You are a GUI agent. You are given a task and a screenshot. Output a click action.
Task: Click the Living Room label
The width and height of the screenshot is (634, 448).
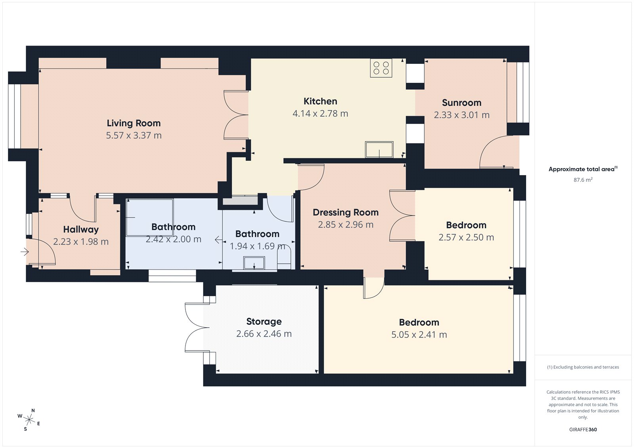tap(134, 123)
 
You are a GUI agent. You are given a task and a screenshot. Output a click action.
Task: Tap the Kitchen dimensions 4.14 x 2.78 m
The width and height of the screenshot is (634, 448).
tap(320, 114)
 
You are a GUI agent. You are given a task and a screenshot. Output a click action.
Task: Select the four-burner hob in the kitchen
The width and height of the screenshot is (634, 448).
tap(381, 68)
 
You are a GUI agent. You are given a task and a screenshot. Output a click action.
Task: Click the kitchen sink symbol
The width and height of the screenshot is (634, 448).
tap(379, 150)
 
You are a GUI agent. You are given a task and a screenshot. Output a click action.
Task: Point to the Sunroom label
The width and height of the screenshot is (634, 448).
tap(462, 103)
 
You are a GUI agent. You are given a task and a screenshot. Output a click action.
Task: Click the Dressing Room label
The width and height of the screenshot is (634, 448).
tap(346, 213)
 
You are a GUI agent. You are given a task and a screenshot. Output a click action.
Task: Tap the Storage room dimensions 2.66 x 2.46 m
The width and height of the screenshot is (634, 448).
tap(264, 334)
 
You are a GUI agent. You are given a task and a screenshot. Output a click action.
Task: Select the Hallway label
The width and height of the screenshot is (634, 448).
tap(81, 230)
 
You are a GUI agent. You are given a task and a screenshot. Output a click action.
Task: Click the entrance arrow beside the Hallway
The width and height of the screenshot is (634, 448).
tap(25, 252)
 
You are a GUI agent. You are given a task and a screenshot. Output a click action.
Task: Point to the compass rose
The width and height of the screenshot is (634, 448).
tap(29, 419)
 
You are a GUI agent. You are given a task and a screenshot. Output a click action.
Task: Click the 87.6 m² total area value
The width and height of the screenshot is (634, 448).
tap(583, 180)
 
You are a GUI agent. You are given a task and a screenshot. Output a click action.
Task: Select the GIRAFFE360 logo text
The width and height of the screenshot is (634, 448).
tap(583, 429)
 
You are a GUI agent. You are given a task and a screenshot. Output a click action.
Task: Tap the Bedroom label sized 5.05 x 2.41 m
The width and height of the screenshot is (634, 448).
tap(419, 322)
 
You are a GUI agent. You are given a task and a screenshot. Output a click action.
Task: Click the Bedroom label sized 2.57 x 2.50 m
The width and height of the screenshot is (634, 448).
tap(466, 225)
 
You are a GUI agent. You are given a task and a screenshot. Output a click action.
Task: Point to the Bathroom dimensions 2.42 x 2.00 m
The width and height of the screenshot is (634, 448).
tap(173, 239)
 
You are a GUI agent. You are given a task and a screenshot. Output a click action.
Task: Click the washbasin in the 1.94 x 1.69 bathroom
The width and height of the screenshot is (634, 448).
tap(254, 263)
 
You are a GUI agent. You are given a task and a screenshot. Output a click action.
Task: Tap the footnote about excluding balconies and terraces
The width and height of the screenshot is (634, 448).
tap(583, 367)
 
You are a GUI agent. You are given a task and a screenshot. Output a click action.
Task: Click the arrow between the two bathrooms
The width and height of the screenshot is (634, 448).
tap(218, 240)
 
